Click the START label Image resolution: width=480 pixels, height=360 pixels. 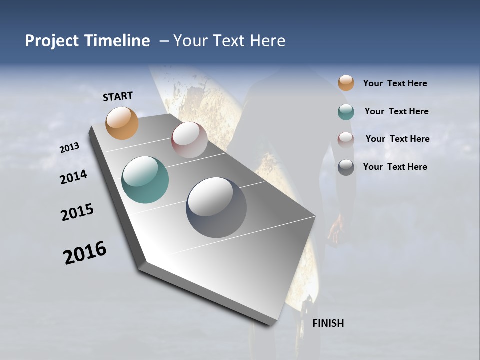[x=118, y=96]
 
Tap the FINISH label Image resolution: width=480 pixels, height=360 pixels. [x=328, y=323]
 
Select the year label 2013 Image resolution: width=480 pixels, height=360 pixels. [x=70, y=148]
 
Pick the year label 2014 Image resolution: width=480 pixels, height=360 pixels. [x=74, y=177]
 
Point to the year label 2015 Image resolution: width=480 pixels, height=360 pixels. [x=77, y=212]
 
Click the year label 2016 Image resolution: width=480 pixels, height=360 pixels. [x=85, y=253]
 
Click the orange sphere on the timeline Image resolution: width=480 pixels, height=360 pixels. [x=122, y=123]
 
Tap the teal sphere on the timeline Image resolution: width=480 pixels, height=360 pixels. [x=145, y=180]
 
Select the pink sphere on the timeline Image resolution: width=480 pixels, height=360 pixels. [x=189, y=140]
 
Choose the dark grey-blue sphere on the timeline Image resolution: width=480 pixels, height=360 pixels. [x=216, y=207]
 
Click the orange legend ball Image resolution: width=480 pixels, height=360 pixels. [x=346, y=83]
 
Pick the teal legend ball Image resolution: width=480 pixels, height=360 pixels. [x=346, y=112]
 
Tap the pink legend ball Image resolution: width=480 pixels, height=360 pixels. [x=346, y=139]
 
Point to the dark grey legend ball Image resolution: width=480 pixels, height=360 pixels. [x=346, y=167]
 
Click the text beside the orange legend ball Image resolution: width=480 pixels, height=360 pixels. [x=395, y=83]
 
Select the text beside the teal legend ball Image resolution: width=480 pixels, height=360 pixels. [x=396, y=111]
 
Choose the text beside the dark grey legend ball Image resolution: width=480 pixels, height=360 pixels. [x=395, y=167]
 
